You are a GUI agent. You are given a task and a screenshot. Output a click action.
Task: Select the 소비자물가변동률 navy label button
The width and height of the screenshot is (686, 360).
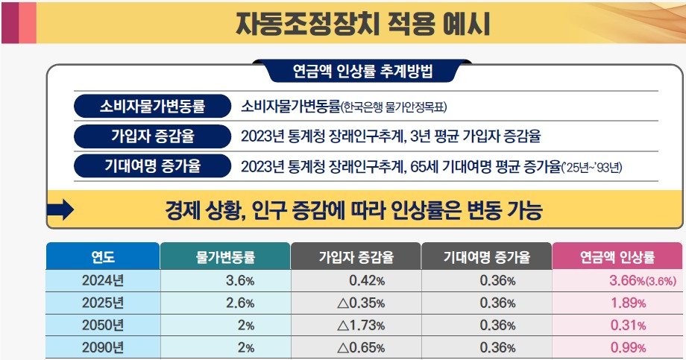(152, 106)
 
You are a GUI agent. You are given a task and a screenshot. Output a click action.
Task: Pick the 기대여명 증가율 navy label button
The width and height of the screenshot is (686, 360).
(152, 165)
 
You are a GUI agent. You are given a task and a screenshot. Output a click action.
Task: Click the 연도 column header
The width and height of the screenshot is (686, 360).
(102, 258)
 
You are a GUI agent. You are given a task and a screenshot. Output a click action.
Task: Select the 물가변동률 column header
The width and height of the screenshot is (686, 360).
(225, 258)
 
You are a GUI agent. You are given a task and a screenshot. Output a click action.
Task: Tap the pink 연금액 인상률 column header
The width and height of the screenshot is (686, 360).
(617, 258)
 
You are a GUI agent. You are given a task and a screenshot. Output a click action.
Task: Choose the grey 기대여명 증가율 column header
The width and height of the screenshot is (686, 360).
(485, 258)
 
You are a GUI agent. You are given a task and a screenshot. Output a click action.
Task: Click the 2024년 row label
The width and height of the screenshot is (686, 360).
(102, 281)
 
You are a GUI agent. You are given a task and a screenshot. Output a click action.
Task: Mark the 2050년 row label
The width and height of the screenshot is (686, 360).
(102, 326)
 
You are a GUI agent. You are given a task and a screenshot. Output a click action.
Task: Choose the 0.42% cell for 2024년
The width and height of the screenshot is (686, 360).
(366, 281)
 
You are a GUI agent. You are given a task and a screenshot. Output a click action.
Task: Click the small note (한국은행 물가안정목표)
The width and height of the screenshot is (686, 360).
(393, 107)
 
